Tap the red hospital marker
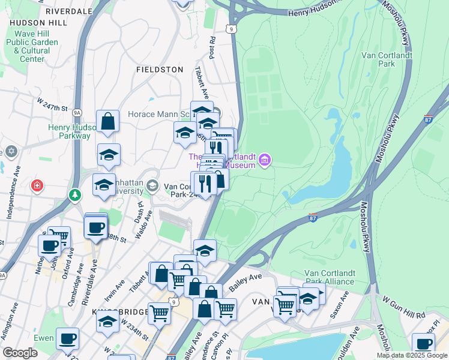(38, 185)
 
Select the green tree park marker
(75, 195)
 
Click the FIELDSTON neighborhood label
(160, 70)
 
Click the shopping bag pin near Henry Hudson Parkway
(108, 121)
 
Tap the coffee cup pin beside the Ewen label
(67, 338)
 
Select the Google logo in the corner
(20, 353)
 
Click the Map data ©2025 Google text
(412, 355)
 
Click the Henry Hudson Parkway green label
(69, 131)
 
